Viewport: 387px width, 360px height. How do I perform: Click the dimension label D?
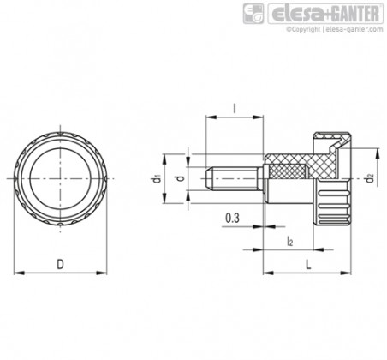coord(60,264)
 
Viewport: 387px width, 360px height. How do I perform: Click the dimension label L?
coord(308,264)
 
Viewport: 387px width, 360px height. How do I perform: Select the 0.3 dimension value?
coord(232,219)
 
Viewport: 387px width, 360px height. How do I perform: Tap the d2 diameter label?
coord(371,179)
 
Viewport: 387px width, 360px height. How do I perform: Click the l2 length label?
coord(289,241)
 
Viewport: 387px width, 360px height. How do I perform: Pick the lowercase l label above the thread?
coord(235,108)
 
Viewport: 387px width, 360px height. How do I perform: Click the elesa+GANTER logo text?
coord(325,14)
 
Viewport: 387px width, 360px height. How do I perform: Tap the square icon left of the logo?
coord(253,14)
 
